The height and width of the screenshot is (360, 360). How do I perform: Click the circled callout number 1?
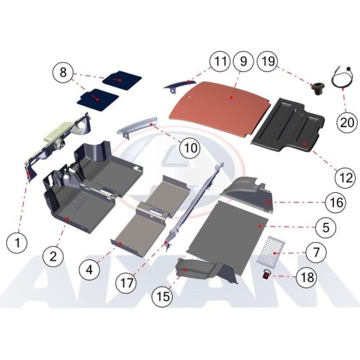pos(17,243)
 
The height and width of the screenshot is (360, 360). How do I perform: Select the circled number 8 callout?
pos(63,72)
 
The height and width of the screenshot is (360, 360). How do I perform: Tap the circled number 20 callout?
pos(347,122)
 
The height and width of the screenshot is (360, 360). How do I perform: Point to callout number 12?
pos(346,178)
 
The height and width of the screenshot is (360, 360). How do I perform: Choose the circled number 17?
pos(126,283)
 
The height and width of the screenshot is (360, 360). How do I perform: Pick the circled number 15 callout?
pos(163,296)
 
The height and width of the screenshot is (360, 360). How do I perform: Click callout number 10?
pos(191,148)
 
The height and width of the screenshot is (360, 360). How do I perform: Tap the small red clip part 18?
pos(266,274)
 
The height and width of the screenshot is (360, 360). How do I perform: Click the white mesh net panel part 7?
pos(271,250)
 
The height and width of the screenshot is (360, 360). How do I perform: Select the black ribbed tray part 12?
pos(288,125)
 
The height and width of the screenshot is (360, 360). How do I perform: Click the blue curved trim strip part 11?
pos(181,84)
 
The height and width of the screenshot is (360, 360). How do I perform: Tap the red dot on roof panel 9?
pos(231,98)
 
